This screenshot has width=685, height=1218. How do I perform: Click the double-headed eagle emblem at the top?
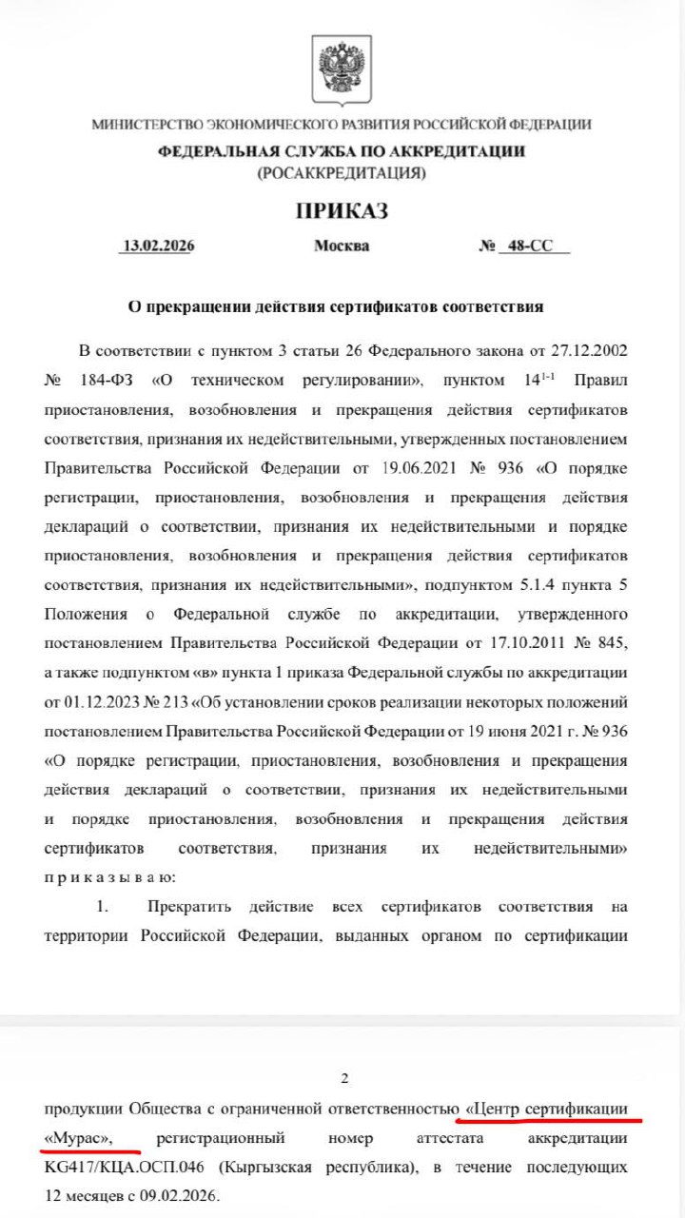tap(342, 71)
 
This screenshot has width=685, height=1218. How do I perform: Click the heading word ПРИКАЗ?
tap(342, 211)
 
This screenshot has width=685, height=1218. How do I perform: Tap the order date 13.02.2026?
tap(158, 246)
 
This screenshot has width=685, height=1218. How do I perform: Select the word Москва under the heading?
tap(342, 246)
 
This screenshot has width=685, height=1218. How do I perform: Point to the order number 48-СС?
tap(530, 246)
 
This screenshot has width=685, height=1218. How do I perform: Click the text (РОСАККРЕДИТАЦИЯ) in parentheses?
tap(342, 173)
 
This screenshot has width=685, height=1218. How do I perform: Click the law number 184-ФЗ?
tap(105, 380)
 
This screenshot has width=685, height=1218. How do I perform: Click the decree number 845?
tap(609, 643)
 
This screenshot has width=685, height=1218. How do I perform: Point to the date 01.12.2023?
tap(95, 702)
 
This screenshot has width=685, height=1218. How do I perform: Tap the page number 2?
tap(344, 1078)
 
